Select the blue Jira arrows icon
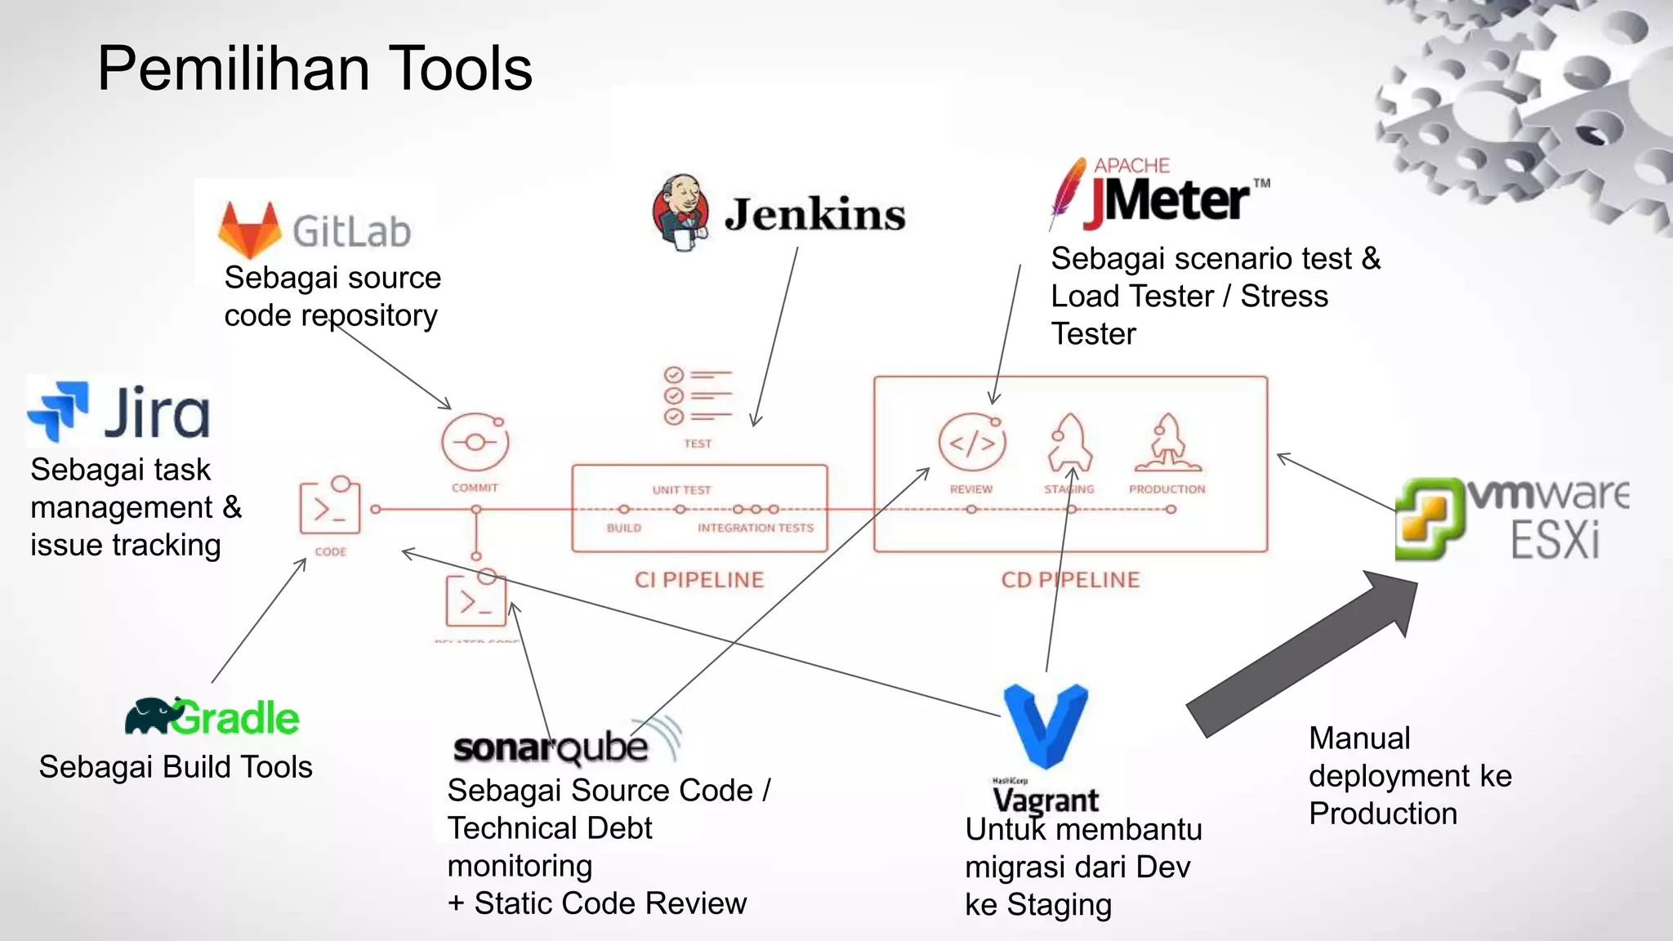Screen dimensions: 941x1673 (57, 410)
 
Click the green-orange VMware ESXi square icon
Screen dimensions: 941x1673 (1426, 518)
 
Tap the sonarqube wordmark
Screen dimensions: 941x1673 (551, 747)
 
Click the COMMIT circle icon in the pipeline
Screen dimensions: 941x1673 (475, 443)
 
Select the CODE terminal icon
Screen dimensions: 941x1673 (329, 506)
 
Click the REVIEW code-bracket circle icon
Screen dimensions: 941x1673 (970, 443)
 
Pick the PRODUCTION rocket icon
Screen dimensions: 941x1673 (1167, 443)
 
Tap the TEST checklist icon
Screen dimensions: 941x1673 (696, 397)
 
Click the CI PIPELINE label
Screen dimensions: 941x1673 (699, 580)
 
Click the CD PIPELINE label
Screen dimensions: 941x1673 (1070, 580)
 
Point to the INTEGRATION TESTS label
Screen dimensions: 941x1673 (756, 528)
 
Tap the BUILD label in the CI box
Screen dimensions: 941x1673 (624, 528)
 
